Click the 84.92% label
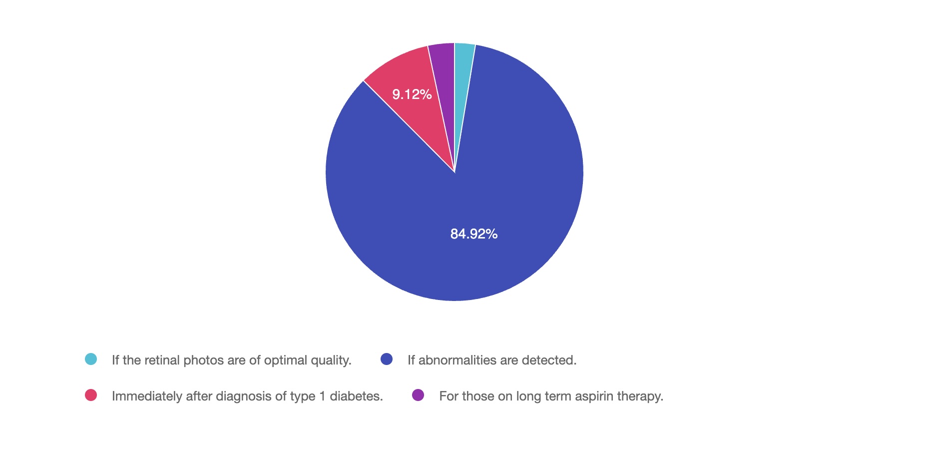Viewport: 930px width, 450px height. point(473,234)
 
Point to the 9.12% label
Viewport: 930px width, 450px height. point(412,94)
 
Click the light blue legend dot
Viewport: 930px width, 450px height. point(91,359)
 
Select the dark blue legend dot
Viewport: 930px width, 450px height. point(387,359)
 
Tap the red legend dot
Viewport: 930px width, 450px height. point(91,395)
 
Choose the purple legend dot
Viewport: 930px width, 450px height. point(418,395)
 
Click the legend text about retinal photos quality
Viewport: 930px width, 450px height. point(231,360)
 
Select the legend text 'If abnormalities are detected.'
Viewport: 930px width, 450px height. point(492,360)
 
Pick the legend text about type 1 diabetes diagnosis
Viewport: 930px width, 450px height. point(247,396)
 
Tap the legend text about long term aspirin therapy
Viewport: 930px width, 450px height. point(551,396)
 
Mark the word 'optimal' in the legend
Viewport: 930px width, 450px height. point(286,360)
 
